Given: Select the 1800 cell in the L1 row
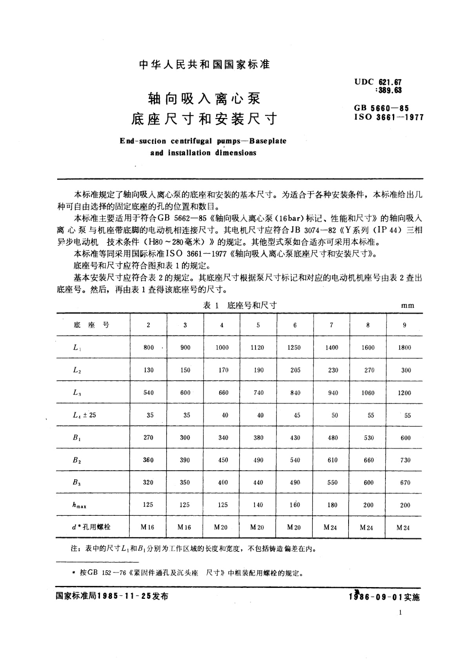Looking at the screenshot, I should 404,347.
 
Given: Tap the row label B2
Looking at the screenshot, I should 77,460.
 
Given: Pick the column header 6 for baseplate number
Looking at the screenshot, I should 295,325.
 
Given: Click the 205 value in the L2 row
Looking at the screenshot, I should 295,370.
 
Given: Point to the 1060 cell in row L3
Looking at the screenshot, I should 368,393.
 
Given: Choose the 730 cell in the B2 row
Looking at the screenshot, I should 405,460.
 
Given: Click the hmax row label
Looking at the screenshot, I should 79,506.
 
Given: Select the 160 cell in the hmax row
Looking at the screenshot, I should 294,505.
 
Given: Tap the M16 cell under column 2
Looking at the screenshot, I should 147,528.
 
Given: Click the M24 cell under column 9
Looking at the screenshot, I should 403,528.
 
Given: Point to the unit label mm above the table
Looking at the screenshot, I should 407,306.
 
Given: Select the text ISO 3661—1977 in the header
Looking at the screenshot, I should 389,117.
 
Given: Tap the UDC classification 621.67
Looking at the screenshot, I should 390,82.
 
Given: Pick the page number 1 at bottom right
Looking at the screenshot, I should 400,613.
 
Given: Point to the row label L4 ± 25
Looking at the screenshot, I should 84,415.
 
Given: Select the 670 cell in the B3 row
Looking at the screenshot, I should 405,482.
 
